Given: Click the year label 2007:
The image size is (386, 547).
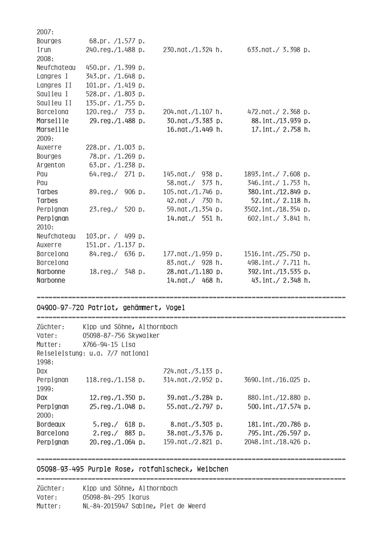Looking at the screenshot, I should coord(45,31).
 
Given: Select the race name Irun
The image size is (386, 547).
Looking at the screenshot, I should coord(44,49).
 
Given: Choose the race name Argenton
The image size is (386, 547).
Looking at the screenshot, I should coord(51,165).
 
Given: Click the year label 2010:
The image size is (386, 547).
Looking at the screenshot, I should coord(45,228).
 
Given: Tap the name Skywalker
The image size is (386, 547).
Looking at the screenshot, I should coord(141,335).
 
